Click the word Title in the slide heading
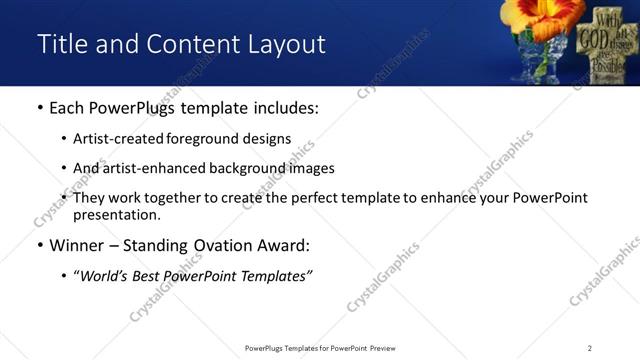61,44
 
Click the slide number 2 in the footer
590,348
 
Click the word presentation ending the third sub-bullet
115,214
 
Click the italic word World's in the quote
103,275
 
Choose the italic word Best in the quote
150,275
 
